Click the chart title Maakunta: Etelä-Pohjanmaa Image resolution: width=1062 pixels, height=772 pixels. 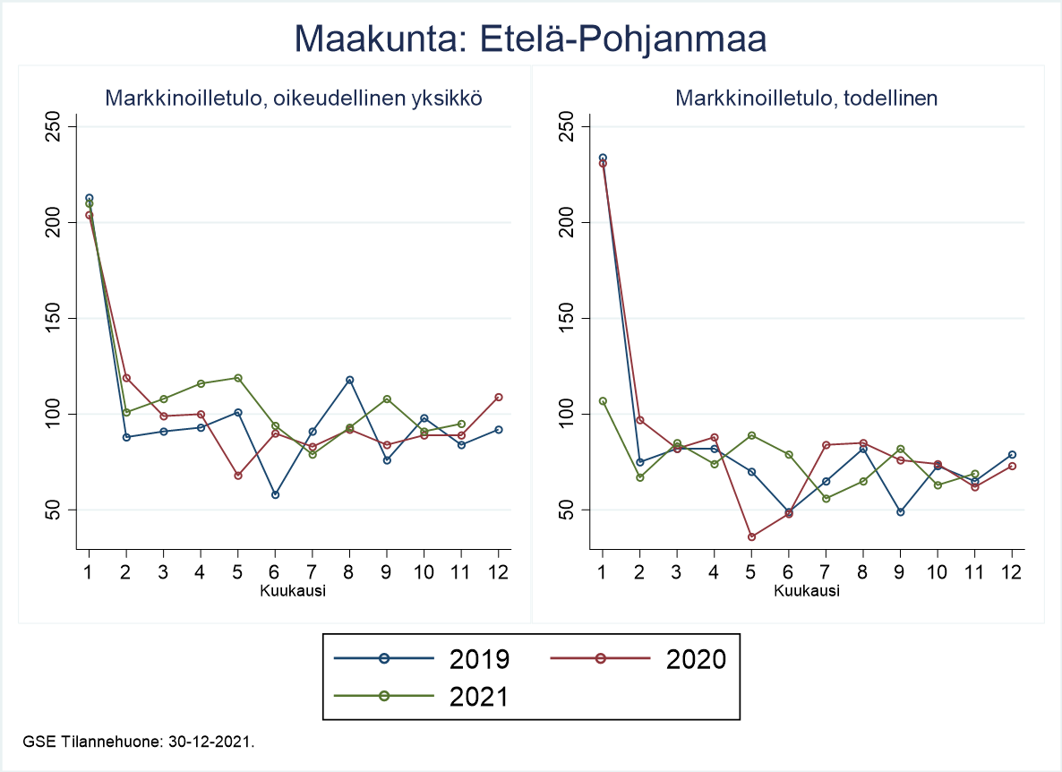531,39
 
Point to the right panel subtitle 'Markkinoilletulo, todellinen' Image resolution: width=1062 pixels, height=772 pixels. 806,99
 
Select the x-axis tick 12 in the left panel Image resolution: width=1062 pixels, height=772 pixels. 498,572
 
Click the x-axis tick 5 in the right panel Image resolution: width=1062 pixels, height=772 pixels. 751,572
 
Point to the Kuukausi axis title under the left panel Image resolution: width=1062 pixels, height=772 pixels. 293,591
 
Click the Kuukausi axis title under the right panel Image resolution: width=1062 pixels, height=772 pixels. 806,591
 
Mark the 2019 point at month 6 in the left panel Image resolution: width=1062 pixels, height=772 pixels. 275,494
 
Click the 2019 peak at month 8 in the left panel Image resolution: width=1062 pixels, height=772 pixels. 349,380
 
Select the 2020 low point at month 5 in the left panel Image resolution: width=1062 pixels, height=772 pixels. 238,476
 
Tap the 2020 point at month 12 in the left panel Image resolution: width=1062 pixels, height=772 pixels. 498,397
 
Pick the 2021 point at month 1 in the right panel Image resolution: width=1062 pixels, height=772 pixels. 603,401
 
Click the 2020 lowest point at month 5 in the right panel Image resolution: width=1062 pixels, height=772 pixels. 751,536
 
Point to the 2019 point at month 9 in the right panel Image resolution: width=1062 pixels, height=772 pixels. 900,511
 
